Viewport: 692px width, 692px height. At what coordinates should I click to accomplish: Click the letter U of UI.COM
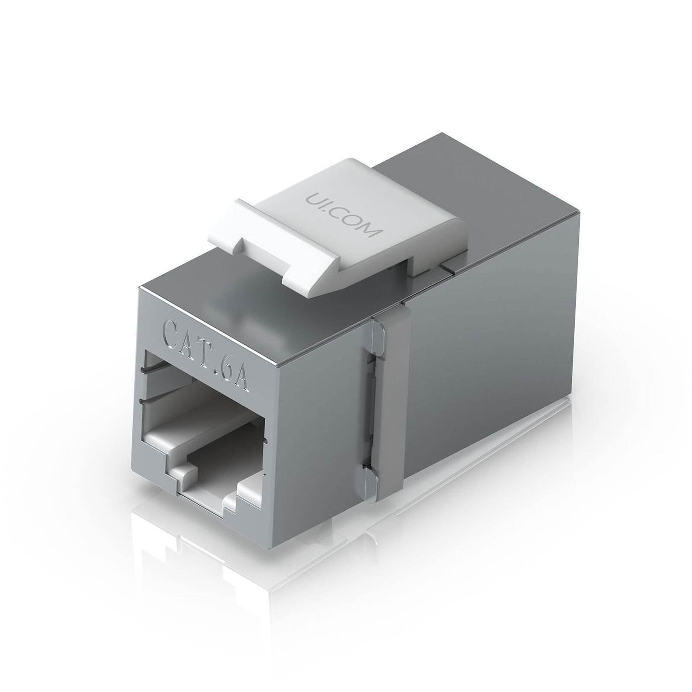[x=313, y=197]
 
